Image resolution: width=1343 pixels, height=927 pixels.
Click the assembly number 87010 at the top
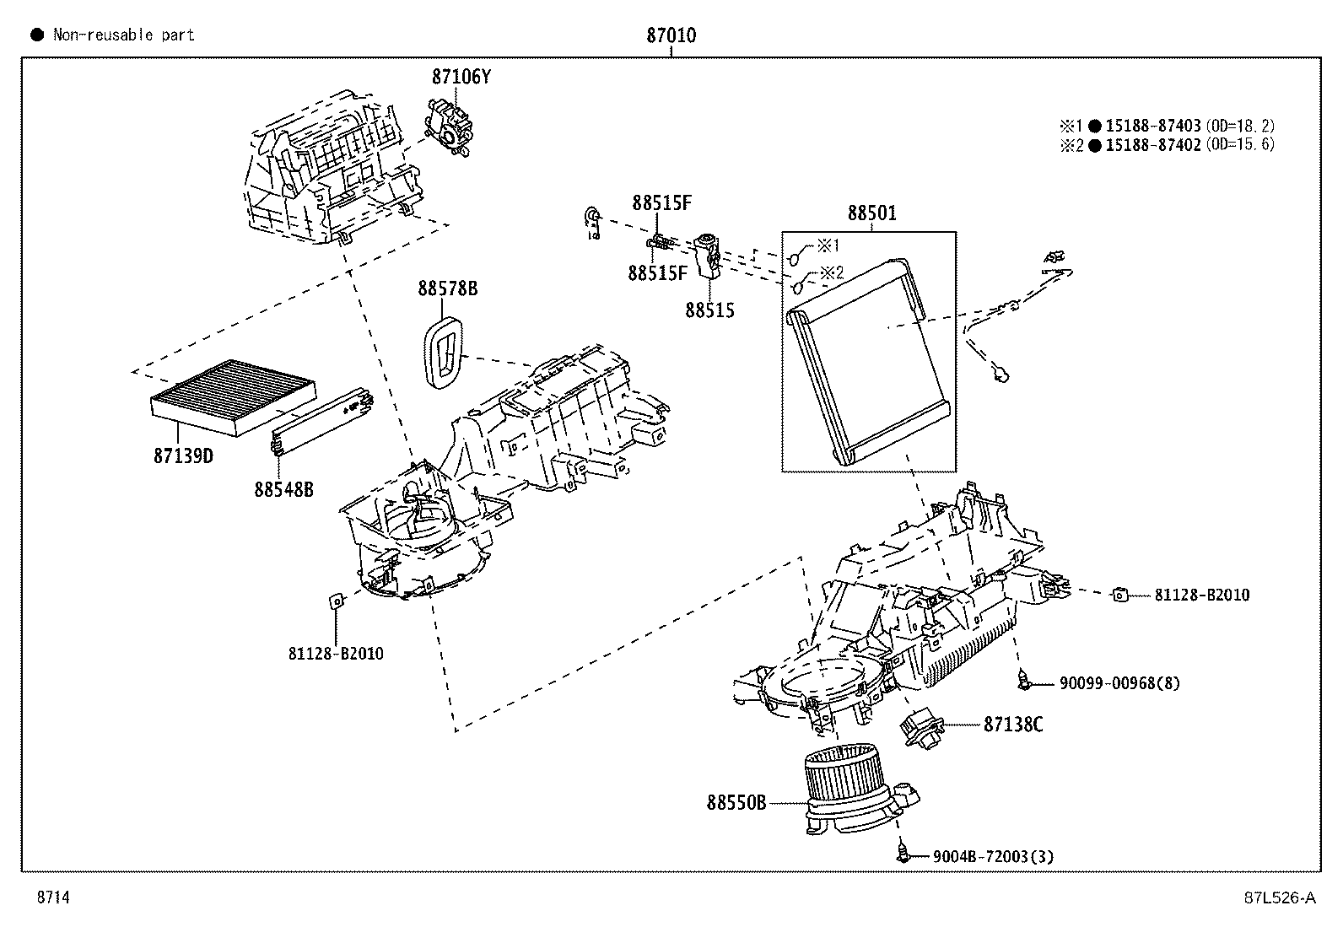(x=671, y=35)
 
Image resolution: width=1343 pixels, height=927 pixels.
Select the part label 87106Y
(x=461, y=77)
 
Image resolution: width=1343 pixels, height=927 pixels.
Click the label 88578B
(x=447, y=288)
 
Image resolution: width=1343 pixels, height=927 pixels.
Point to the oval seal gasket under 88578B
(x=443, y=353)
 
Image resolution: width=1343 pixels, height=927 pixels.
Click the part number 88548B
(x=283, y=489)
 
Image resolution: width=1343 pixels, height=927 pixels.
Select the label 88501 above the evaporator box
(x=871, y=214)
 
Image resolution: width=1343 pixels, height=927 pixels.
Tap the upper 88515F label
(x=661, y=203)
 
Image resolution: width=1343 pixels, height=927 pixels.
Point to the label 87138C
(x=1012, y=724)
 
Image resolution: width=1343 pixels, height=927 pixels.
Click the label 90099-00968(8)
(x=1119, y=683)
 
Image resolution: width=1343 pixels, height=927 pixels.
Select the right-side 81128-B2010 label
(x=1201, y=595)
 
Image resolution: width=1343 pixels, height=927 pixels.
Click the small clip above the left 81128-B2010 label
(x=335, y=601)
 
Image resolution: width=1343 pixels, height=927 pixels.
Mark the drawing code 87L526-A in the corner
(x=1279, y=897)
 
